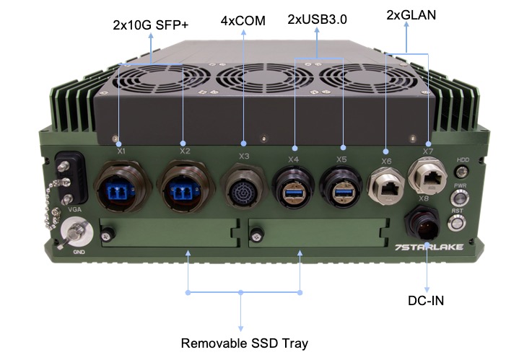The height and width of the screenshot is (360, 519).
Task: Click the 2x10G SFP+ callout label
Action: coord(151,25)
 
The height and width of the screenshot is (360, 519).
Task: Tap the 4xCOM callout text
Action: coord(243,21)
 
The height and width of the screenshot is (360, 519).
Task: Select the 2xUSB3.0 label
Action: coord(317,19)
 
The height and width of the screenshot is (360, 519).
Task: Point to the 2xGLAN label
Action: coord(411,15)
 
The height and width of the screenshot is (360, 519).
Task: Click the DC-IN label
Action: coord(426,300)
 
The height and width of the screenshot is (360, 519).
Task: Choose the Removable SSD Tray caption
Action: coord(244,343)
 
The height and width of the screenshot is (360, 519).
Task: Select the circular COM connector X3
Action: coord(243,185)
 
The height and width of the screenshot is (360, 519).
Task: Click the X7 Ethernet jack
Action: coord(427,176)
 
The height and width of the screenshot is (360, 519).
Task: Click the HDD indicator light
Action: coord(462,172)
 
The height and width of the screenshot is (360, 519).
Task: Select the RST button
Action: coord(457,223)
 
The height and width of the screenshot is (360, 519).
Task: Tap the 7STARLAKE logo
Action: coord(429,247)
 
